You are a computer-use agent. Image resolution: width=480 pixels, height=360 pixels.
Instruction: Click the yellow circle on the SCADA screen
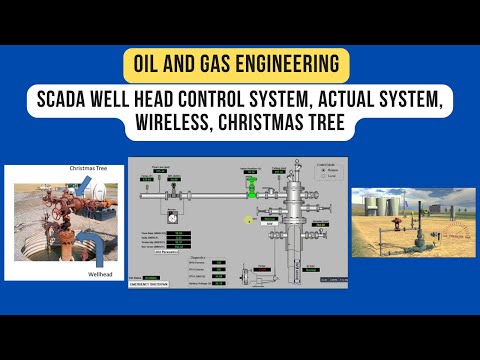point(250,217)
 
